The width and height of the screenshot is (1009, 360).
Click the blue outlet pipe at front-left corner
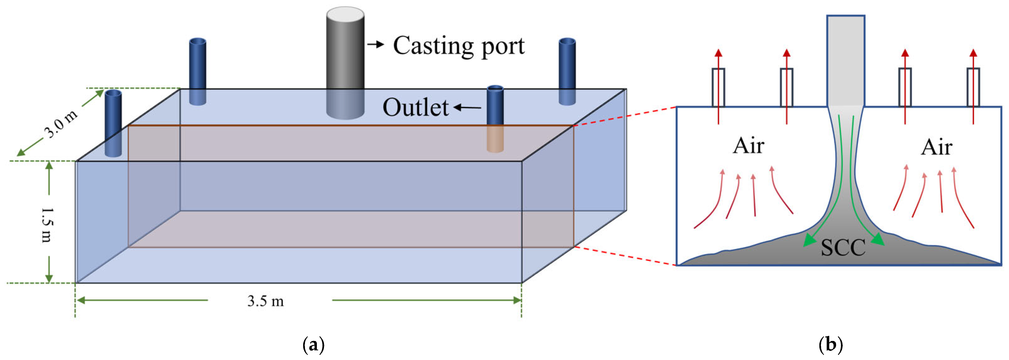pos(113,121)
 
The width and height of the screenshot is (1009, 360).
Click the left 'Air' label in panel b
pos(748,146)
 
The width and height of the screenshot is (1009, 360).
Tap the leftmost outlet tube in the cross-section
pos(718,87)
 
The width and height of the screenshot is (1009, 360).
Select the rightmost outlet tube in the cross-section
pos(973,87)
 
